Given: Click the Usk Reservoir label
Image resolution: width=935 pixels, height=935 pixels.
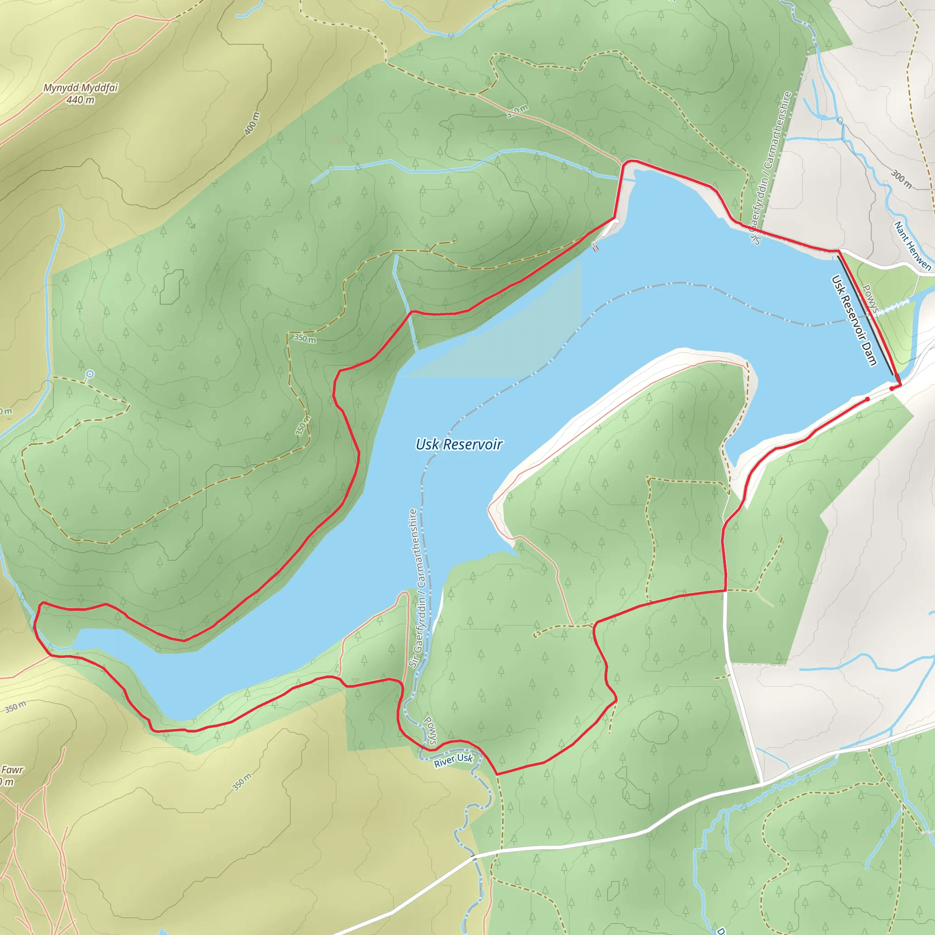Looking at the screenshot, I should (459, 444).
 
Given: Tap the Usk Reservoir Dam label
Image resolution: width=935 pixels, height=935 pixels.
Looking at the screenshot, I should (854, 320).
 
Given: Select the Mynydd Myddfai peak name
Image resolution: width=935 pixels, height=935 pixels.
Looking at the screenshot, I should (80, 88).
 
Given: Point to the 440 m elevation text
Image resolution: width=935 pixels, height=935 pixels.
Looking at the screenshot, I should (80, 100).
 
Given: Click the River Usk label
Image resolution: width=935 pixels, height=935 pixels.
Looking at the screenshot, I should (453, 760).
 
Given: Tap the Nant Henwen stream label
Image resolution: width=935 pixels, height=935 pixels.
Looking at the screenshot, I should (912, 246).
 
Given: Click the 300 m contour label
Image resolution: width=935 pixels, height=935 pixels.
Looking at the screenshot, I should (901, 179).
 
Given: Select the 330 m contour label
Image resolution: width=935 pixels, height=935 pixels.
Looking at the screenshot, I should (517, 112).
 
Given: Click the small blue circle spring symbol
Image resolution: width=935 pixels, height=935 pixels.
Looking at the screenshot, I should (89, 374).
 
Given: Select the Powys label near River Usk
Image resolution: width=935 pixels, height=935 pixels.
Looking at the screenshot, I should (430, 730).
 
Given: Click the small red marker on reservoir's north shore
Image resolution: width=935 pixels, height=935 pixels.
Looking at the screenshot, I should (596, 248).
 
